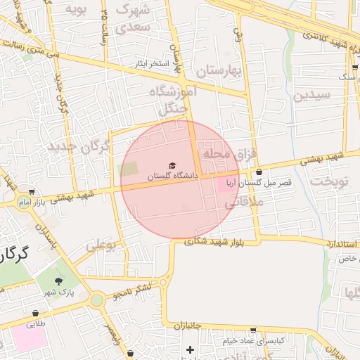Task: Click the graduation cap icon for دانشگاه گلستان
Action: (174, 165)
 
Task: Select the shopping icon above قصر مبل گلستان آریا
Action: (259, 172)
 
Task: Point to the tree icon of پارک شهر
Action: (58, 280)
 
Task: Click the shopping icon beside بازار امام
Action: (32, 192)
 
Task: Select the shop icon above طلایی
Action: (35, 314)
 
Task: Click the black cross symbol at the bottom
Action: (189, 349)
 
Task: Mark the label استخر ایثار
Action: (153, 64)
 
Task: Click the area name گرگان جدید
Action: (79, 147)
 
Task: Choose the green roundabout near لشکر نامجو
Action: (97, 300)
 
